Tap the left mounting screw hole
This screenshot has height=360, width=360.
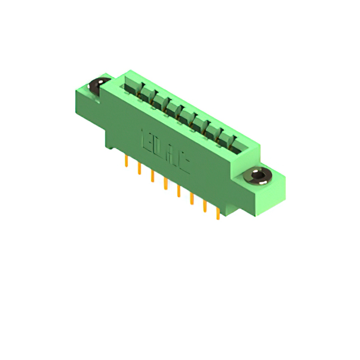pyautogui.click(x=99, y=86)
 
